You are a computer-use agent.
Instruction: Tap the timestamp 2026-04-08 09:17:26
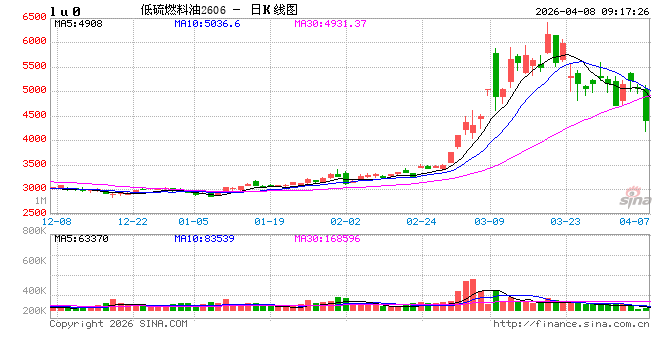(x=591, y=11)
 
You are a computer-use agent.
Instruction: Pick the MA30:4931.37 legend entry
(x=330, y=23)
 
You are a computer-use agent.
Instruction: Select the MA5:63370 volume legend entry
(x=80, y=238)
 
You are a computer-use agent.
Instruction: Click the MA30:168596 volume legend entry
(x=334, y=238)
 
